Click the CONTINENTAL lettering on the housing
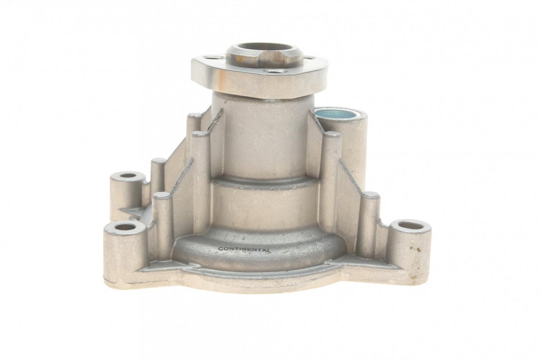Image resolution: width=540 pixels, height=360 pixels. coord(244,250)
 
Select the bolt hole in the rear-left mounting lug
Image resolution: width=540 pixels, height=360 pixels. coord(128,175)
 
